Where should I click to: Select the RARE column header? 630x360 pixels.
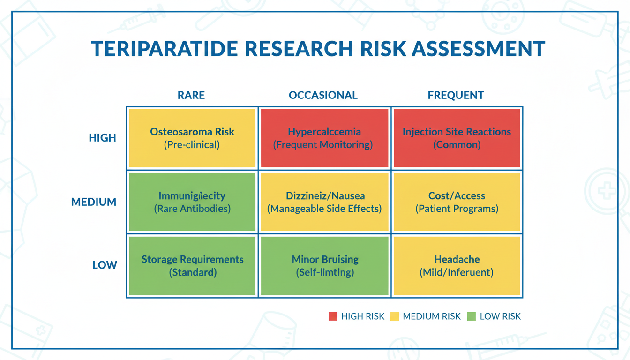tap(191, 95)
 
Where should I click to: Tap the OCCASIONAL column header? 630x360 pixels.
tap(323, 95)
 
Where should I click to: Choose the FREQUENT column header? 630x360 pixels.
tap(456, 95)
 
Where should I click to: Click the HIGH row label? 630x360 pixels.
tap(102, 138)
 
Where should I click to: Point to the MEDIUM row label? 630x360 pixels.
tap(94, 202)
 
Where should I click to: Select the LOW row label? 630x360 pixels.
tap(105, 265)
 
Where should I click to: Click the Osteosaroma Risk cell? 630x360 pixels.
tap(192, 138)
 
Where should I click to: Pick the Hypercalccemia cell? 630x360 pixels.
tap(324, 138)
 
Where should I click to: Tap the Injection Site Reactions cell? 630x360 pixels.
tap(457, 138)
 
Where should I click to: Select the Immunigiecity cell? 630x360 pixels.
tap(192, 202)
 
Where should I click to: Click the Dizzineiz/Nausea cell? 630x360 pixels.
tap(324, 202)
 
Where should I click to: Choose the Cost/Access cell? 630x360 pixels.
tap(457, 202)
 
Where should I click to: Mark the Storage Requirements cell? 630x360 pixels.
tap(192, 266)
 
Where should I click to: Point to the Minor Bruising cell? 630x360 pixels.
tap(324, 266)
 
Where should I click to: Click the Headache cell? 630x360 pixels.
tap(457, 266)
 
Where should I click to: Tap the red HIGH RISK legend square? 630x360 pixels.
tap(333, 316)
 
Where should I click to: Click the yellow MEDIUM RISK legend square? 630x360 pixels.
tap(395, 316)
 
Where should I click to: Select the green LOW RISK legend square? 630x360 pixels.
tap(472, 316)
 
